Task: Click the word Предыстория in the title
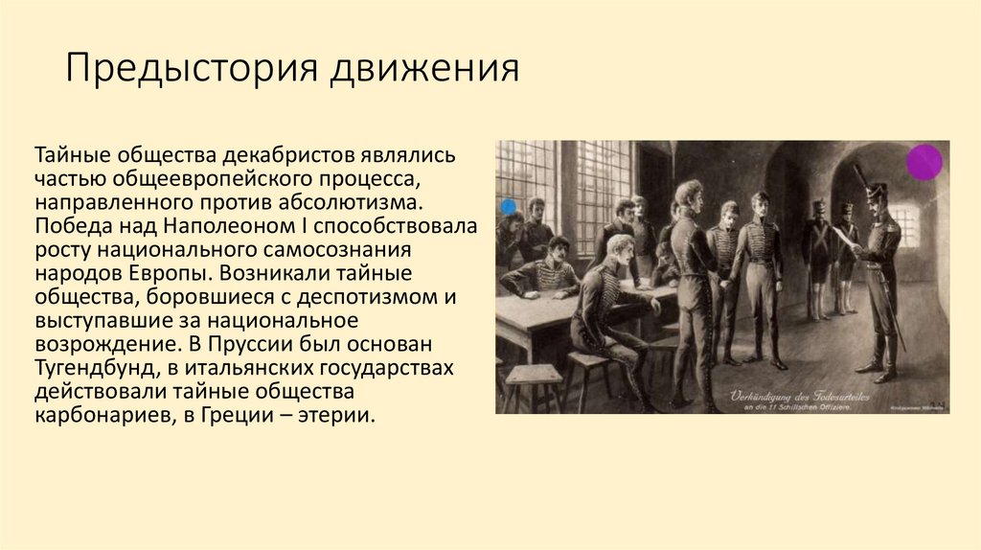[192, 70]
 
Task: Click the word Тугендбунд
[99, 367]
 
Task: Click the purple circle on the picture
[924, 162]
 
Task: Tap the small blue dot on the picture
[508, 206]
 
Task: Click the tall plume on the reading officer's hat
[859, 176]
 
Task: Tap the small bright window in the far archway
[906, 225]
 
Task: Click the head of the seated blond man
[620, 248]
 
